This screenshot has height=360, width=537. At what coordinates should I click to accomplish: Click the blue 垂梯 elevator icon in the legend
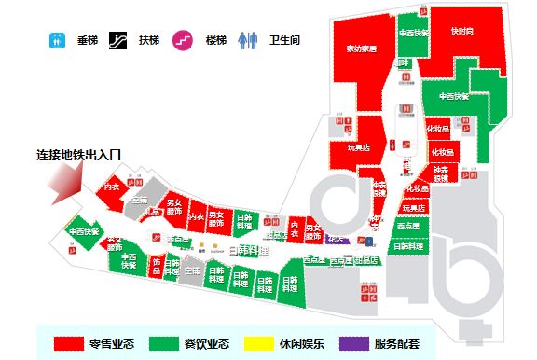[58, 41]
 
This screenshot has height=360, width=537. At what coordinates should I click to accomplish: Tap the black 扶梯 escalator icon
[118, 41]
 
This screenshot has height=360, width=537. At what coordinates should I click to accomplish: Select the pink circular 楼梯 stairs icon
[181, 41]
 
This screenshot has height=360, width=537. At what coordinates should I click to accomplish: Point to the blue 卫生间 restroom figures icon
[247, 41]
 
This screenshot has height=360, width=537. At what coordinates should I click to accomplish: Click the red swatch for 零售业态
[69, 343]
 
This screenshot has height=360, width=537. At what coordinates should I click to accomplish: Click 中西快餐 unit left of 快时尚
[413, 32]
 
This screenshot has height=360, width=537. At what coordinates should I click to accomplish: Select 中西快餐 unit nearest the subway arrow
[84, 231]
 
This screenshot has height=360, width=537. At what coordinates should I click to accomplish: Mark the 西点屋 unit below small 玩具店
[407, 226]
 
